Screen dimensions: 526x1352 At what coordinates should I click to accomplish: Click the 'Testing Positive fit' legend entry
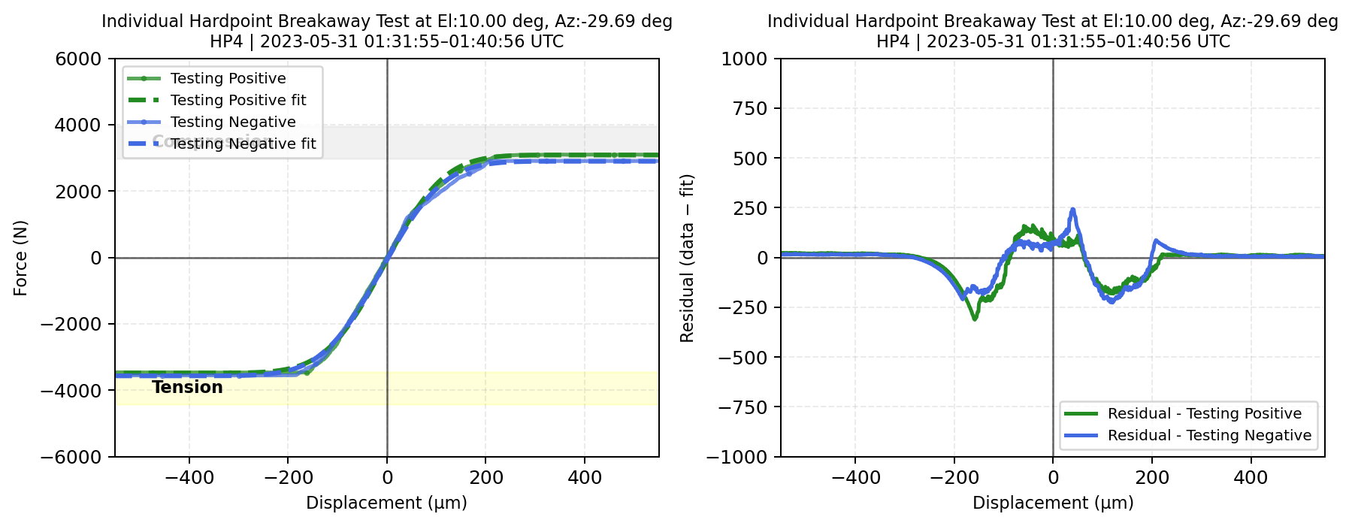point(238,100)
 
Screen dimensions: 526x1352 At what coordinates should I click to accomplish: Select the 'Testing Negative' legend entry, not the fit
point(233,122)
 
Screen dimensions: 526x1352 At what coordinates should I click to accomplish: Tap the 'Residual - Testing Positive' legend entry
point(1204,413)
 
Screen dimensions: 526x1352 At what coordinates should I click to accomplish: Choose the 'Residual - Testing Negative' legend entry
point(1209,435)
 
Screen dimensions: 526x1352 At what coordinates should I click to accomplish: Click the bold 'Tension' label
point(187,387)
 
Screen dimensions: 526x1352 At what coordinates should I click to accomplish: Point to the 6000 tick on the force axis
point(78,59)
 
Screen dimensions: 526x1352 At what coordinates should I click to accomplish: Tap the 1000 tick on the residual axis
point(744,59)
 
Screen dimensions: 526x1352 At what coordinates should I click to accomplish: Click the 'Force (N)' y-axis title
point(20,258)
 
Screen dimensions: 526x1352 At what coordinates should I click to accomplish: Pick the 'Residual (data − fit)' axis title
point(687,258)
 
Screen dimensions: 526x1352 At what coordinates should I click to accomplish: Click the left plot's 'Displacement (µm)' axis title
point(386,503)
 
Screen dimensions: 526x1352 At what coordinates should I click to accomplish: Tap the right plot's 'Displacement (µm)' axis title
point(1053,503)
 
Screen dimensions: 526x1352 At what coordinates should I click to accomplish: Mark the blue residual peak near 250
point(1072,210)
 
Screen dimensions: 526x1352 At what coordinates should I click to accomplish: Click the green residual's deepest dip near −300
point(975,319)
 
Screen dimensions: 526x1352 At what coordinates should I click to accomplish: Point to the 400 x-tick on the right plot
point(1251,477)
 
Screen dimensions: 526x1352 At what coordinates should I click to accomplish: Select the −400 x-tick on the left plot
point(189,477)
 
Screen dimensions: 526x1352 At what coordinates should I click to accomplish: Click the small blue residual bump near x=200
point(1155,241)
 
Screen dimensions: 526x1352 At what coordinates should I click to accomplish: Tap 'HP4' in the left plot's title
point(226,41)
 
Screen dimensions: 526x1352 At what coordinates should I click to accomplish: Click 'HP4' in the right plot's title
point(893,41)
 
